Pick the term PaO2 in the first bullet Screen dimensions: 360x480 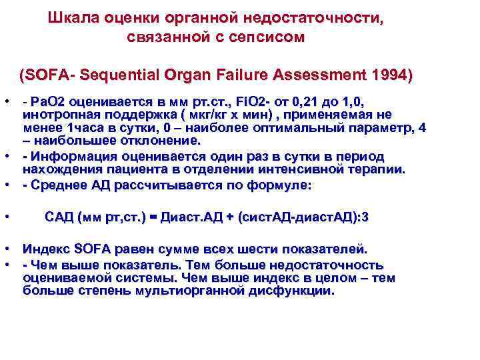(x=45, y=102)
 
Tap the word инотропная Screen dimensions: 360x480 (x=57, y=115)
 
